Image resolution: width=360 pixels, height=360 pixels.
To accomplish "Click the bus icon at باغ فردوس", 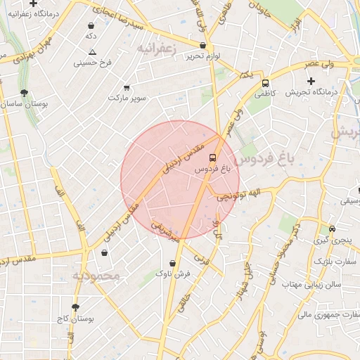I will pyautogui.click(x=213, y=157).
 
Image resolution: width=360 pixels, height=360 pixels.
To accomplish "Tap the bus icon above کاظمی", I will pyautogui.click(x=264, y=82).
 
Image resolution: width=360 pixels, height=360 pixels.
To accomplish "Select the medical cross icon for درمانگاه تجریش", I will pyautogui.click(x=311, y=82).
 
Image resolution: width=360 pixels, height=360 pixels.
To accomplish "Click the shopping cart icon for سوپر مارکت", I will pyautogui.click(x=127, y=88).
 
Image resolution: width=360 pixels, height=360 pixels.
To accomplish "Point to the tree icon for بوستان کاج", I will pyautogui.click(x=76, y=307).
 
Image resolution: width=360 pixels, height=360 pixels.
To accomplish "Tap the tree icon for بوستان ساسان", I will pyautogui.click(x=25, y=93).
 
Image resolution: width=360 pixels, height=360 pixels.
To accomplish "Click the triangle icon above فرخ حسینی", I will pyautogui.click(x=93, y=53).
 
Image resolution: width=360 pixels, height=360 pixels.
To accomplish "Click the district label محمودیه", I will pyautogui.click(x=97, y=276).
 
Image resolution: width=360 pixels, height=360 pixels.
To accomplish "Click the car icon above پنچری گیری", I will pyautogui.click(x=332, y=229).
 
